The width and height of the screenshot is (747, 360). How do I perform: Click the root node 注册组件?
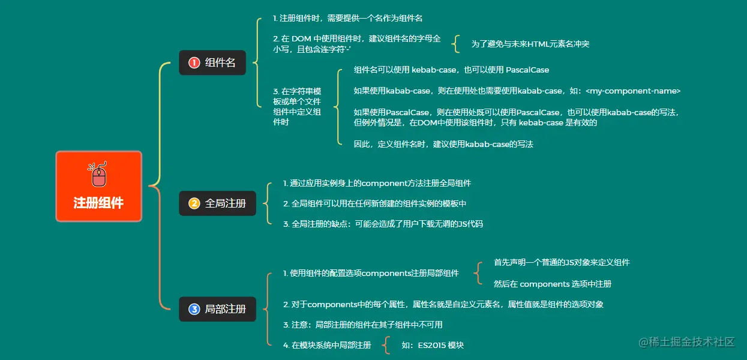[x=98, y=202]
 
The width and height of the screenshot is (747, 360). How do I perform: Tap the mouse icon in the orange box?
[x=98, y=175]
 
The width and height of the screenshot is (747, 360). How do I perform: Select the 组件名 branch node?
[x=212, y=62]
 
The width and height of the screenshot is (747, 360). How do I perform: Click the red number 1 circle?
[x=194, y=62]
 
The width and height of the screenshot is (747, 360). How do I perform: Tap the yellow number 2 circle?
[x=194, y=203]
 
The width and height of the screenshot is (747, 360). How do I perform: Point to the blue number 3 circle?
[x=194, y=309]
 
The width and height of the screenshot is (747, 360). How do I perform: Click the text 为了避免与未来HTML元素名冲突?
[x=530, y=44]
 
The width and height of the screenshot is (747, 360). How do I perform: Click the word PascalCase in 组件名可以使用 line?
[x=527, y=70]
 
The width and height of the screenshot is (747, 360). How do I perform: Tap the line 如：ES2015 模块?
[x=433, y=345]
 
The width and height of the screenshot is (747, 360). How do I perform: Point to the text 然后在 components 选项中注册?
[x=552, y=284]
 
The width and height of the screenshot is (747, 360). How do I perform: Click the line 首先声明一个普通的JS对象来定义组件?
[x=562, y=262]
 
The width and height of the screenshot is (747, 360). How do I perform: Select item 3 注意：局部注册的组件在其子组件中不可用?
[x=363, y=325]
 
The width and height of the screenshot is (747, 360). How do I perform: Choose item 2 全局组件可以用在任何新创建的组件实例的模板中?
[x=374, y=203]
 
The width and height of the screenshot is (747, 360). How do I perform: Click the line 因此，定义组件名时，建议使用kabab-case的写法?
[x=443, y=144]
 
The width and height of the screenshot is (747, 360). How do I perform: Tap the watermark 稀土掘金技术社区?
[x=686, y=342]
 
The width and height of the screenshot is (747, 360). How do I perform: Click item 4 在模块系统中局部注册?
[x=327, y=345]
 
